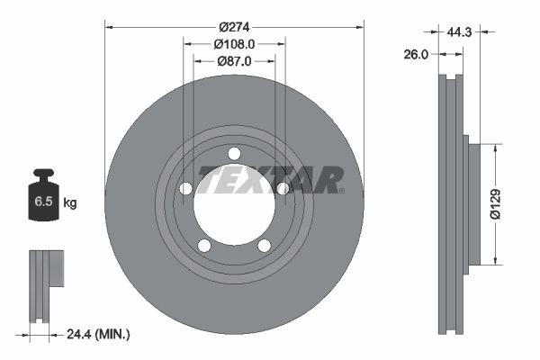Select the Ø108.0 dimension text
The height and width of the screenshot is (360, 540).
click(235, 43)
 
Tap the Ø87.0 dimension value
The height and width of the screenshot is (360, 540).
click(235, 60)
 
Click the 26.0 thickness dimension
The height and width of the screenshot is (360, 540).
click(415, 54)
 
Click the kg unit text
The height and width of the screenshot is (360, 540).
click(69, 203)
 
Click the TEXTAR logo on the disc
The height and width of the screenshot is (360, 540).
click(270, 180)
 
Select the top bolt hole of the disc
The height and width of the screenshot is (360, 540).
click(234, 153)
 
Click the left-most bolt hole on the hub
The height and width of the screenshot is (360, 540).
click(186, 189)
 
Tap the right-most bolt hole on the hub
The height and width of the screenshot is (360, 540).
click(283, 189)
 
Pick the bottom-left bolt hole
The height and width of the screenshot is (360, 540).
click(204, 246)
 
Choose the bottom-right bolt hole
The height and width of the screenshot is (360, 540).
click(265, 246)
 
